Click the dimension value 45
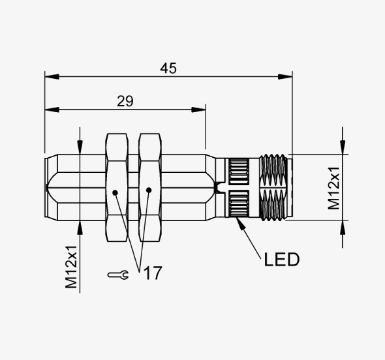pos(168,68)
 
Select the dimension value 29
pos(125,101)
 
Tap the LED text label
pos(282,260)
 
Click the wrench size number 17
pos(153,273)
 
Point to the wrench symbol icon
pos(118,275)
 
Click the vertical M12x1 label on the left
pos(71,267)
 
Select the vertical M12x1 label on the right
pos(333,188)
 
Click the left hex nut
pos(117,187)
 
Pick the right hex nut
pos(150,187)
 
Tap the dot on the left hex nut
pos(115,192)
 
